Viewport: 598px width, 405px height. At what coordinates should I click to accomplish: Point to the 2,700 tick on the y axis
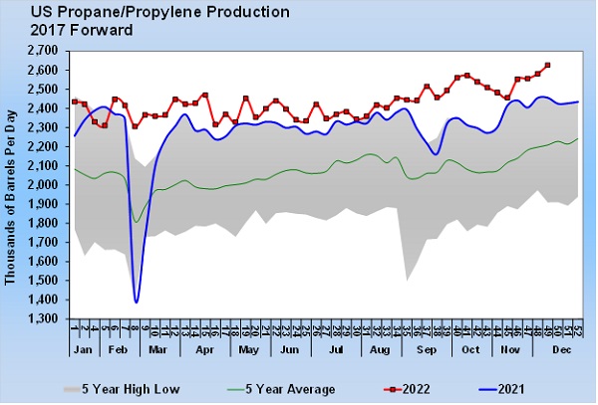[43, 50]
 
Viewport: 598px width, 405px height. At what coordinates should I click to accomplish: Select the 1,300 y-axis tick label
[43, 318]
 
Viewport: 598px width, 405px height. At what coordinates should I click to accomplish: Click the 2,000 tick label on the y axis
[43, 184]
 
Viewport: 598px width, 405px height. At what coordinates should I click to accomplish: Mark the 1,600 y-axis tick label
[43, 261]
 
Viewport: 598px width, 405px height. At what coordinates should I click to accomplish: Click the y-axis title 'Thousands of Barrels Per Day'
[11, 184]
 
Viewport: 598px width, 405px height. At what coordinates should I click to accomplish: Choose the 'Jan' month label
[84, 352]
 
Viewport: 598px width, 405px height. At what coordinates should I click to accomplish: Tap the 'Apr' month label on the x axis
[204, 352]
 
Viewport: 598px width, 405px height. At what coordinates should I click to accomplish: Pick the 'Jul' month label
[336, 352]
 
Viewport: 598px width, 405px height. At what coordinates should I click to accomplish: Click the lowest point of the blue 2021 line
[136, 302]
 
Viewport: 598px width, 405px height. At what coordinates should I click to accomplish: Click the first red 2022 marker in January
[75, 101]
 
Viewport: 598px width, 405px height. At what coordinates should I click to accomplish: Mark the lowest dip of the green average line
[137, 222]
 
